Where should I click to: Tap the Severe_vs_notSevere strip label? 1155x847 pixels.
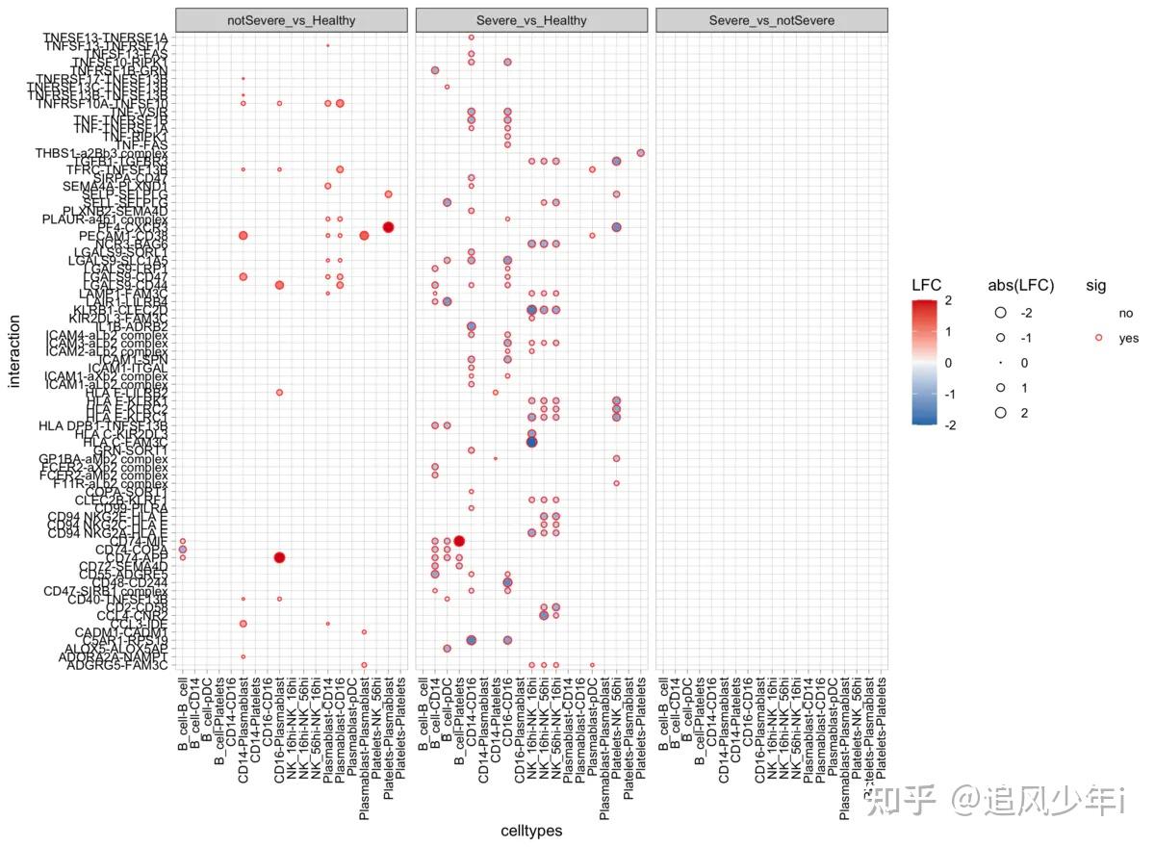771,20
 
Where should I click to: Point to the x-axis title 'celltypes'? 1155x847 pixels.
531,831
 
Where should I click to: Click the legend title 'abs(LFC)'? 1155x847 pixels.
1020,285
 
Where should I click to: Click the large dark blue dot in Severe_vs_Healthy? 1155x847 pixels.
531,442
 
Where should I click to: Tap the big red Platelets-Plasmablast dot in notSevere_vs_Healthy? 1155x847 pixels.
388,227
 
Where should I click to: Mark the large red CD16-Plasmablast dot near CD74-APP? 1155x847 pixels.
279,557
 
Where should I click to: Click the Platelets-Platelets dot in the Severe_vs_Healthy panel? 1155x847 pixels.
640,153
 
